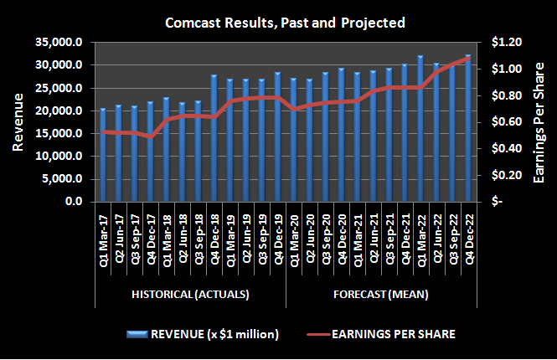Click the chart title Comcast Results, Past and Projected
tap(283, 22)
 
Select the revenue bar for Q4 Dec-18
tap(214, 139)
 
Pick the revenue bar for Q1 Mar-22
tap(420, 130)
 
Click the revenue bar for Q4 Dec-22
tap(467, 130)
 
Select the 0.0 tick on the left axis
tap(73, 203)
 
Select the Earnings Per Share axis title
tap(542, 122)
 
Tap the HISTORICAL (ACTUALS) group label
tap(190, 294)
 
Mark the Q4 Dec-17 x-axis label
tap(151, 238)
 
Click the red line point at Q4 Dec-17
tap(151, 136)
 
